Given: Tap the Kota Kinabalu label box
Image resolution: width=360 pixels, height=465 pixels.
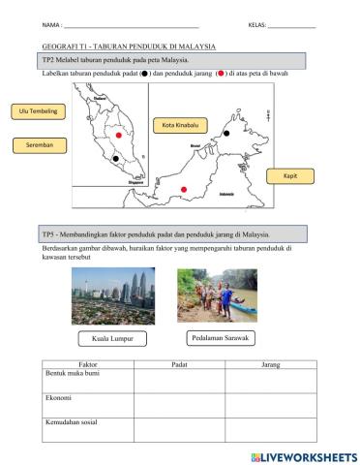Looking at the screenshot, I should point(181,125).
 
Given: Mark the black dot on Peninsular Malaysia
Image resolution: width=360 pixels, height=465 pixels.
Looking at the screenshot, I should point(116,157).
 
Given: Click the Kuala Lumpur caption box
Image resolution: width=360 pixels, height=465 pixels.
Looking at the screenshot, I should point(105,339).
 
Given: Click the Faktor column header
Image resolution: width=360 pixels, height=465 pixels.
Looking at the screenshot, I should point(86,364).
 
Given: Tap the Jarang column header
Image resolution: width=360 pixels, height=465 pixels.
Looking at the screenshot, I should point(271,364).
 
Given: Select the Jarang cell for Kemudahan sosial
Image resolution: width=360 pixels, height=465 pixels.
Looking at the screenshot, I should point(271,430).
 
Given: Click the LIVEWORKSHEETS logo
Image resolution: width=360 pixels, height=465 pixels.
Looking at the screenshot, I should point(302,455).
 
